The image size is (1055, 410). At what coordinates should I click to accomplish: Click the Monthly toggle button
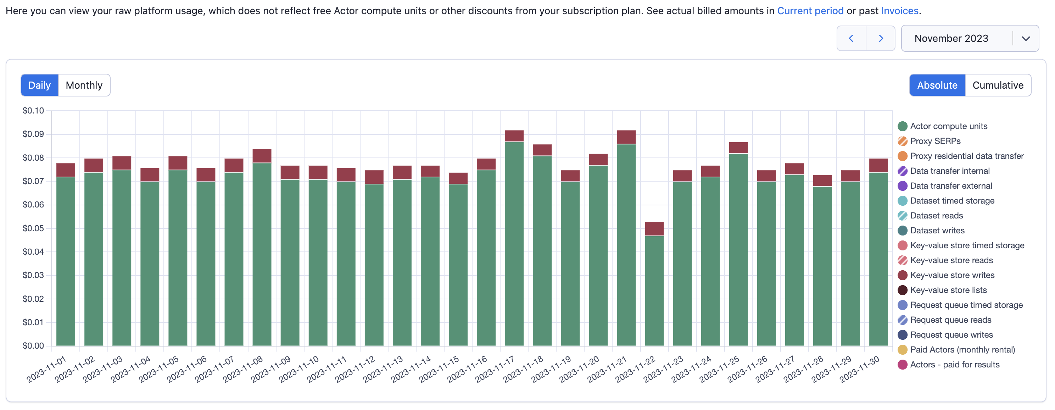pos(84,85)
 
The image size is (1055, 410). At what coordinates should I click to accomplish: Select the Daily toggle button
pos(39,85)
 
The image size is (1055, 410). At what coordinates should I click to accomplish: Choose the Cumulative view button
pos(997,85)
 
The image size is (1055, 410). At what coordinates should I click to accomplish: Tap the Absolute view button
pos(937,85)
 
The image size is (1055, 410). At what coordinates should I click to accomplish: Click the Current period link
pos(810,11)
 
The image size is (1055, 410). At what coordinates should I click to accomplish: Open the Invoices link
pos(899,11)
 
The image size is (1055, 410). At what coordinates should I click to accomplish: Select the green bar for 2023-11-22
pos(654,291)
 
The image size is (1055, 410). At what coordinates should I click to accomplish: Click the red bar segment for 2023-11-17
pos(514,136)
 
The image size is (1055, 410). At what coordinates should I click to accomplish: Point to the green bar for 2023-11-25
pos(738,250)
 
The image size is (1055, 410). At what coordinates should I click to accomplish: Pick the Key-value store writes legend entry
pos(951,275)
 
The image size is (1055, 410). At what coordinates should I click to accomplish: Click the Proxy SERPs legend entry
pos(934,141)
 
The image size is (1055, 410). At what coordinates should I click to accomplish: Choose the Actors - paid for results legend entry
pos(954,365)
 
